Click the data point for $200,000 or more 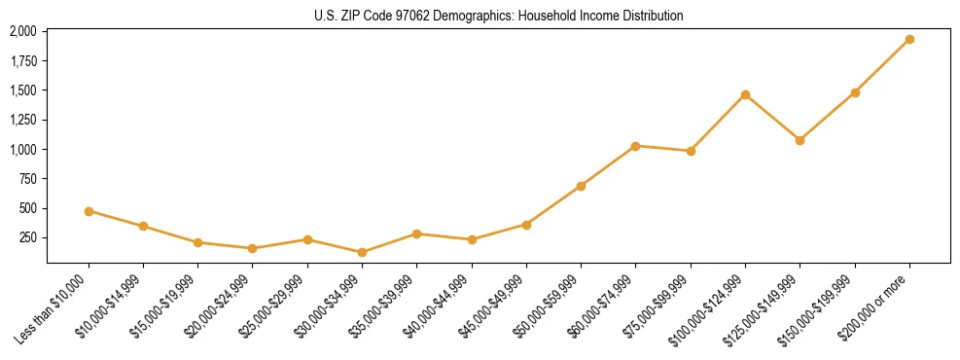pos(909,39)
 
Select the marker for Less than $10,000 pos(89,211)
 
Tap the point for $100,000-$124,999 pos(745,94)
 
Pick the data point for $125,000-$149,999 pos(800,140)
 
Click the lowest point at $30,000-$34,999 pos(362,252)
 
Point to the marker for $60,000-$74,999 pos(635,146)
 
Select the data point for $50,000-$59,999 pos(581,186)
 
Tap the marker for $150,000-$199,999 pos(855,92)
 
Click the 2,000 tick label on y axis pos(23,31)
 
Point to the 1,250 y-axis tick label pos(23,120)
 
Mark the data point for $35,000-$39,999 pos(416,234)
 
